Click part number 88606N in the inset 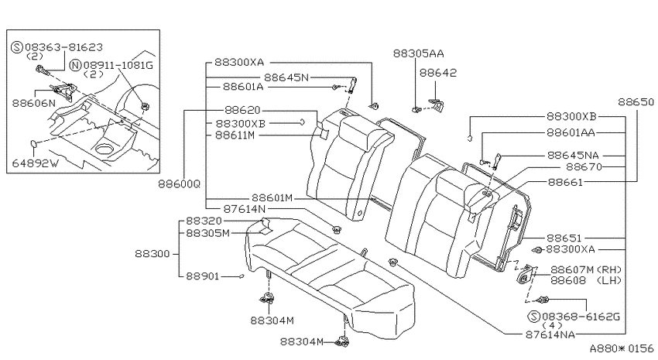click(x=33, y=103)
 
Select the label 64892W click(x=36, y=163)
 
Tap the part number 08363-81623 click(x=63, y=47)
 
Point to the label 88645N click(x=286, y=77)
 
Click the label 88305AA click(x=418, y=53)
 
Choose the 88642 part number click(x=438, y=73)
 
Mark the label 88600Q click(x=179, y=184)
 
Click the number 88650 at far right click(x=636, y=102)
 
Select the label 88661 click(x=565, y=182)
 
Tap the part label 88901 click(x=203, y=276)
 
